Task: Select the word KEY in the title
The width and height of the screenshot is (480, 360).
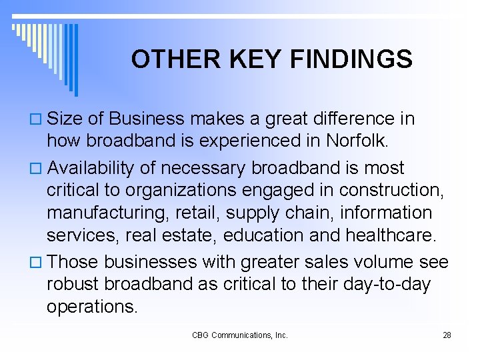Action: point(246,59)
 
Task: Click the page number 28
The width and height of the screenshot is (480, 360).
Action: point(447,335)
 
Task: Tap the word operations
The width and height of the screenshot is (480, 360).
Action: point(92,307)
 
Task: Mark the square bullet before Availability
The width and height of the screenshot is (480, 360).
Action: point(37,167)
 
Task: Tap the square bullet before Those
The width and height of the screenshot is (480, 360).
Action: point(37,261)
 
